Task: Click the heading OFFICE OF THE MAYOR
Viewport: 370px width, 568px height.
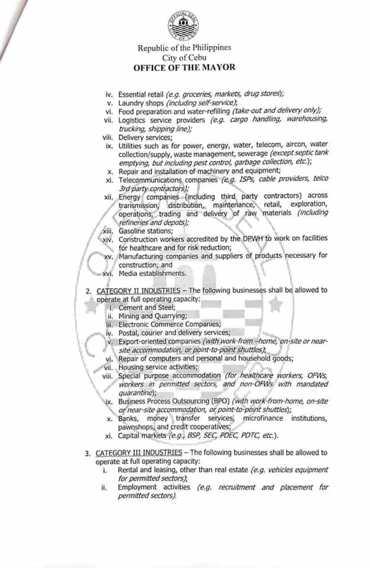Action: (x=184, y=67)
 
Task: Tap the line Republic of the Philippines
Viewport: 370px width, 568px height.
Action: (x=184, y=48)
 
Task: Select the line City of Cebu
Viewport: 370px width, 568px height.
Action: (x=184, y=57)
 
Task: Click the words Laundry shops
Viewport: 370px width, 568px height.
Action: (x=141, y=102)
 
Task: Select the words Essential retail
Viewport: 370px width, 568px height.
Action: (x=141, y=94)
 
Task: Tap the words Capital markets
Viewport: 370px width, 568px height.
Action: (x=142, y=436)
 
